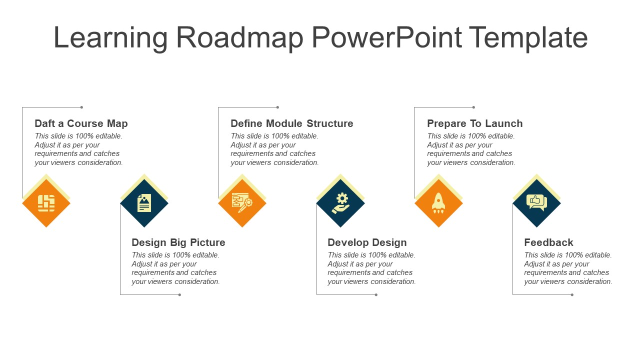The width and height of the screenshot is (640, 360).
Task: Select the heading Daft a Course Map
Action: click(x=81, y=123)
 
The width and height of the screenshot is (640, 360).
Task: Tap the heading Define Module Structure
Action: click(x=291, y=123)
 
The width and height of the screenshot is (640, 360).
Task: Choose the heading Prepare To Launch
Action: click(x=474, y=123)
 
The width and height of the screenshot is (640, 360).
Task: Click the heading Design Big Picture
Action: click(x=178, y=242)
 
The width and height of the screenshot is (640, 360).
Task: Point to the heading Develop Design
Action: click(x=367, y=242)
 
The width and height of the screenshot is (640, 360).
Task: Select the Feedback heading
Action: click(x=548, y=242)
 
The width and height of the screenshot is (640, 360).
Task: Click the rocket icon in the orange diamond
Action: click(x=438, y=203)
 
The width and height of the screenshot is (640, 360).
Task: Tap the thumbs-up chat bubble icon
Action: click(x=536, y=202)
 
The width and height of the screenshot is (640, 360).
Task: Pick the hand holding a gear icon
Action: click(x=340, y=203)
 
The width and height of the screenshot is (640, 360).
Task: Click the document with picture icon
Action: click(x=144, y=203)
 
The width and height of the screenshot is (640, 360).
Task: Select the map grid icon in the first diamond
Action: click(x=46, y=203)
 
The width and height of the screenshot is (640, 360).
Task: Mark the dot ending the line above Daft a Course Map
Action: click(x=81, y=107)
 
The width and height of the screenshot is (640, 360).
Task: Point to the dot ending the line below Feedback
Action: click(x=572, y=294)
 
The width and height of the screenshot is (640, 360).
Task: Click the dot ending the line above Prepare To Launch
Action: click(x=473, y=107)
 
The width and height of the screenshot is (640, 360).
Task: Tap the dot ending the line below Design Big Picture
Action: click(x=179, y=294)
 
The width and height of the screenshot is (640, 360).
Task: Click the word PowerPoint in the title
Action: click(x=387, y=37)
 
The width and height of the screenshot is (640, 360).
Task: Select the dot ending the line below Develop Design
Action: click(x=376, y=294)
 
